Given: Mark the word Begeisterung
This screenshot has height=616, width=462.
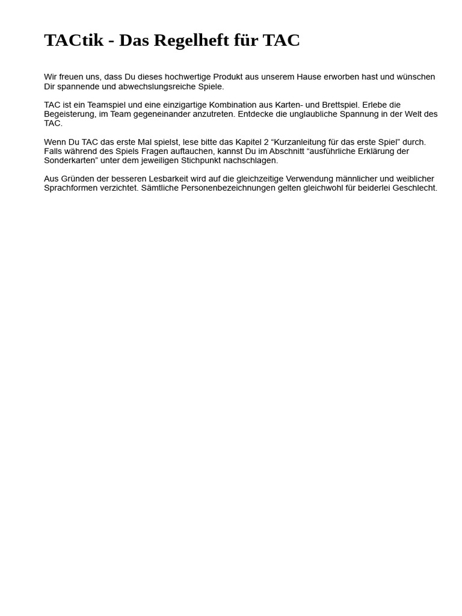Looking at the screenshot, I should (x=69, y=114).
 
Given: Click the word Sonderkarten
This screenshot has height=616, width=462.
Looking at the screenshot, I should (x=70, y=161).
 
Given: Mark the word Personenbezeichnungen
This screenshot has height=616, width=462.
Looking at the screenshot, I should (x=232, y=188).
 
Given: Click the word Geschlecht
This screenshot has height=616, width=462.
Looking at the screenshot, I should (x=416, y=188).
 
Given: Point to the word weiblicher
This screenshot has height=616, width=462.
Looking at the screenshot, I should (x=415, y=179).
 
